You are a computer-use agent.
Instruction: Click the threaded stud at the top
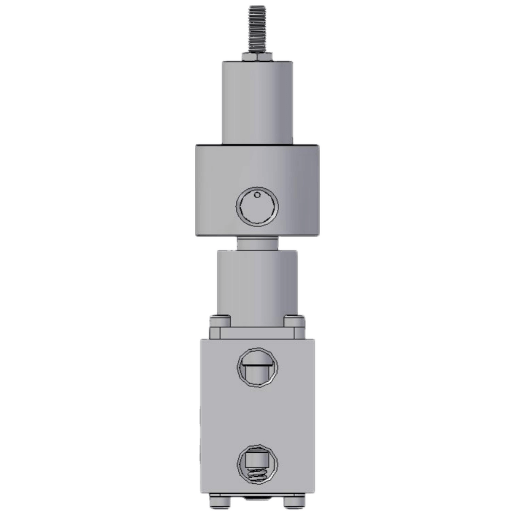[257, 27]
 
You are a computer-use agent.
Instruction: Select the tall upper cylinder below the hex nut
[257, 101]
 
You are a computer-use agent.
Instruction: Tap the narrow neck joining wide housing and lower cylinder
[257, 244]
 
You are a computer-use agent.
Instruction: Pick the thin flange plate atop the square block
[257, 333]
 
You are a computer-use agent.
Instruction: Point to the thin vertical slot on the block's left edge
[201, 427]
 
